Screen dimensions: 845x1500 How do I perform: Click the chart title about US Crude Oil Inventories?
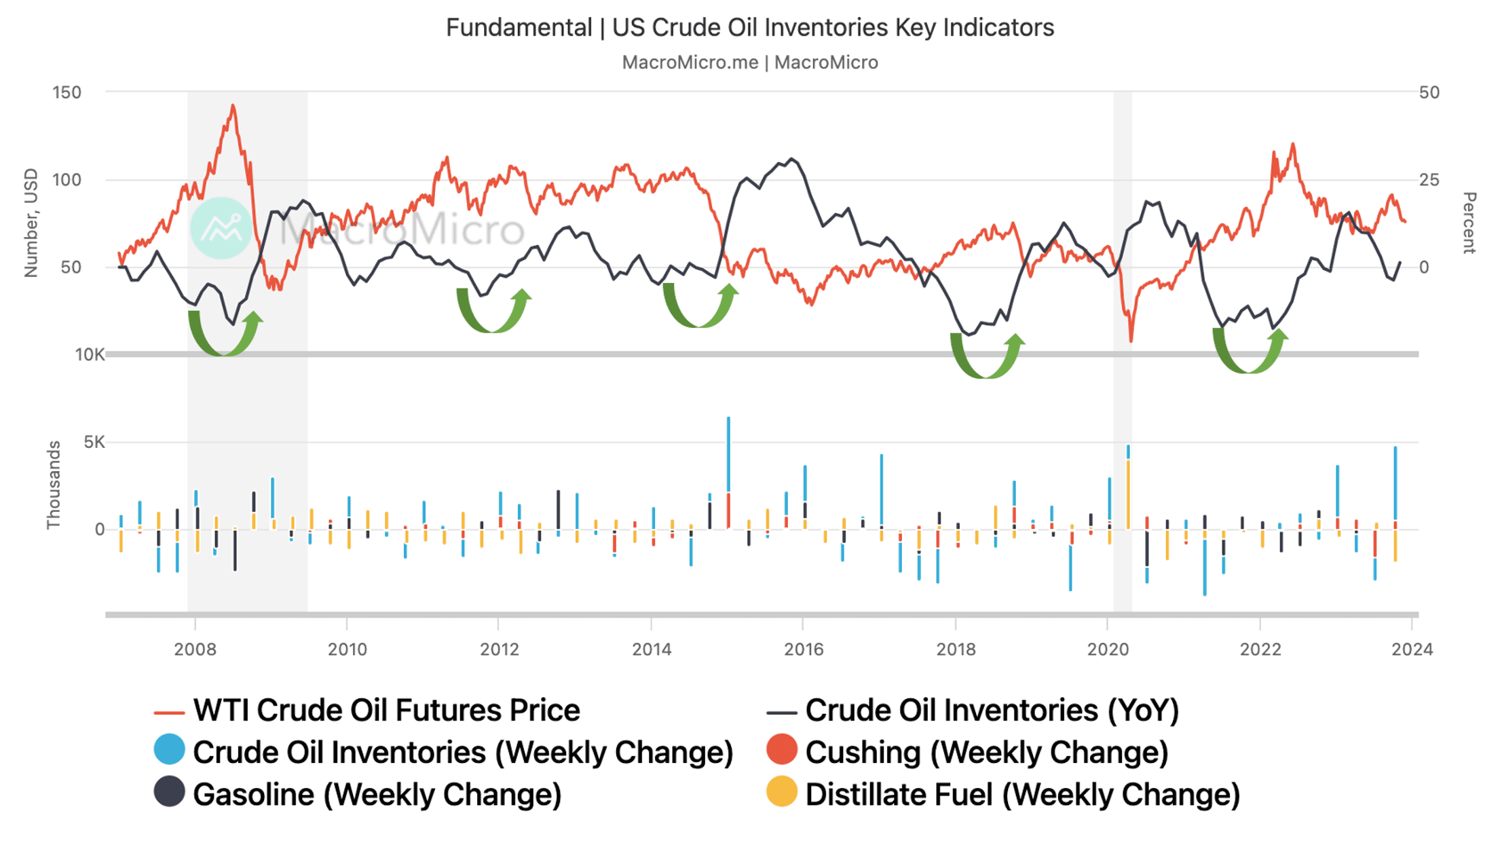pos(749,28)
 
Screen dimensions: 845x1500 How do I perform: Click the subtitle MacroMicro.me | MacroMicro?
pos(749,62)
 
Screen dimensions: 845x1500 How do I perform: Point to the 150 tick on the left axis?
pos(67,92)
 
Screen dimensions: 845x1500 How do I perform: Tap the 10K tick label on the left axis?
pos(89,354)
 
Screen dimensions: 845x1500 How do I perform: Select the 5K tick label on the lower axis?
pos(94,443)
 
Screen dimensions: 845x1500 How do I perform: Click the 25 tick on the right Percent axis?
pos(1429,180)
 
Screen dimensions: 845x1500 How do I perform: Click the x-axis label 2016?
pos(803,650)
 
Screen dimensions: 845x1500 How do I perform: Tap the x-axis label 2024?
pos(1411,650)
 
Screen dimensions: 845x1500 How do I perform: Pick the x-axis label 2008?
pos(195,650)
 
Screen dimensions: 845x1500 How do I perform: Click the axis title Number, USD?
pos(31,223)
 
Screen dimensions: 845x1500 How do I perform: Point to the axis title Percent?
pos(1468,223)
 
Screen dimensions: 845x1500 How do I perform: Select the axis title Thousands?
pos(54,485)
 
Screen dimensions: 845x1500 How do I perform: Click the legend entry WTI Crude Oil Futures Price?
pos(386,711)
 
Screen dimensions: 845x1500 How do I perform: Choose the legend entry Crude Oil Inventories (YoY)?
pos(991,711)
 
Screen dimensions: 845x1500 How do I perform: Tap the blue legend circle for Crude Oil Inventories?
pos(169,750)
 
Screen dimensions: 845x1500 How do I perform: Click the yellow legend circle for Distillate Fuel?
pos(781,792)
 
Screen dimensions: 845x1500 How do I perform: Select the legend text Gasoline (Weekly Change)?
pos(377,795)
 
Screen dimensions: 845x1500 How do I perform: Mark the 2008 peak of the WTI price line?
pos(233,106)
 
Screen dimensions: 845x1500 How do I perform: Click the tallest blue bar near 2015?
pos(728,455)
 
